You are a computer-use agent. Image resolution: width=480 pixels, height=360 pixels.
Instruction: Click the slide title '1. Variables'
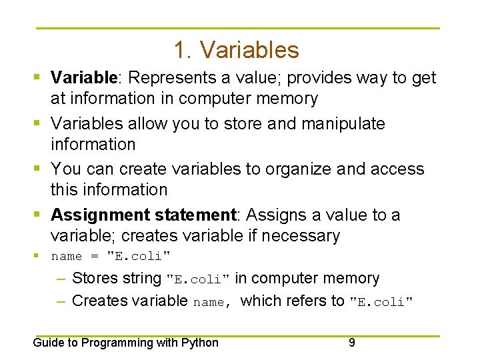coord(236,50)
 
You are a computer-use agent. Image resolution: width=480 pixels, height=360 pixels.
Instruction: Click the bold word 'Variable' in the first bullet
coord(84,78)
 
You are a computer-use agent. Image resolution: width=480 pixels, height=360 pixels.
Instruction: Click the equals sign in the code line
coord(93,257)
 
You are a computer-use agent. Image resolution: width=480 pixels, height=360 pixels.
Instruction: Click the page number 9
coord(351,343)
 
